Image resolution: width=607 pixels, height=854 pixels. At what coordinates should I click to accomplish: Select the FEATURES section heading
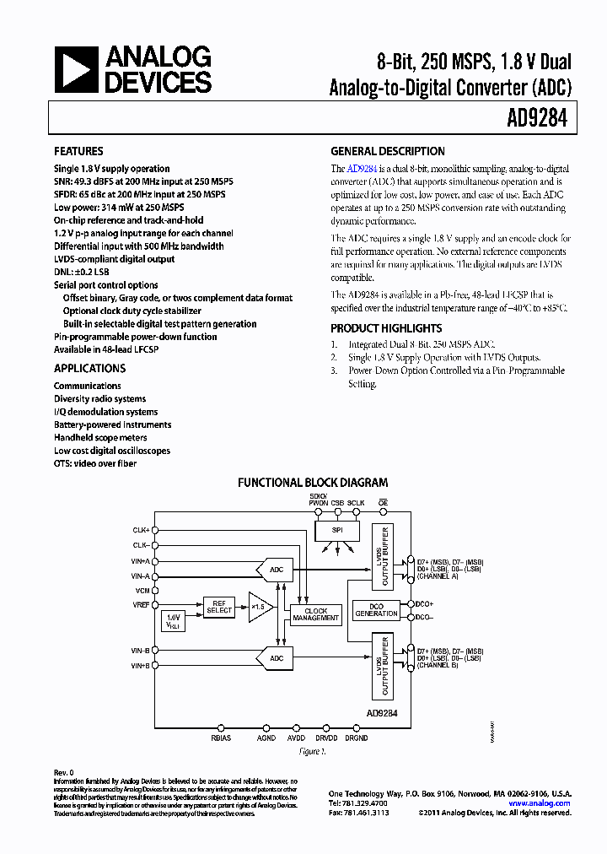coord(78,152)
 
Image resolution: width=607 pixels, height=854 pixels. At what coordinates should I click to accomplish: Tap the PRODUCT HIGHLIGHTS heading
coord(386,328)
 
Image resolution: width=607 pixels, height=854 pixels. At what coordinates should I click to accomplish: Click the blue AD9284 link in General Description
coord(360,169)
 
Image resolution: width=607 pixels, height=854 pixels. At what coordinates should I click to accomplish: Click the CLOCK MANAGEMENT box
coord(315,614)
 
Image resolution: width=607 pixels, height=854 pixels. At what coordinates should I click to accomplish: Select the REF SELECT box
coord(218,607)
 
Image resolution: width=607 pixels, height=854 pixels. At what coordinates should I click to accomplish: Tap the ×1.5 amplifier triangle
coord(256,607)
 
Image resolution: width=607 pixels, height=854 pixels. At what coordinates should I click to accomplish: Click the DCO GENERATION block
coord(376,609)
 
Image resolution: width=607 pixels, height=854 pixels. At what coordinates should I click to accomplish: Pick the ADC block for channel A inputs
coord(275,570)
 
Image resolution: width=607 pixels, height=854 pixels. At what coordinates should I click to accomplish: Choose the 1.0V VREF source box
coord(175,620)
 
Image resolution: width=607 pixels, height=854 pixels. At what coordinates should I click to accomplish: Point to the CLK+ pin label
coord(140,530)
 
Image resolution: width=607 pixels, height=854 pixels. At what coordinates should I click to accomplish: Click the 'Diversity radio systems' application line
coord(99,398)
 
